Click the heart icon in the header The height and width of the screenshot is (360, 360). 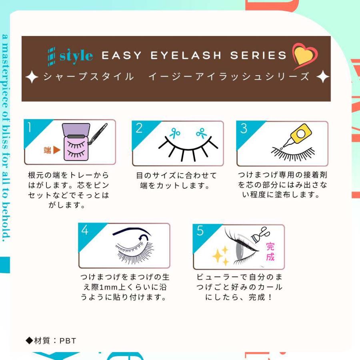[x=305, y=56]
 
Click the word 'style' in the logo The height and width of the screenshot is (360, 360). [x=76, y=56]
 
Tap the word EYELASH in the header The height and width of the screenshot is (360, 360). [x=186, y=56]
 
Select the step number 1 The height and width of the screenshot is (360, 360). [x=30, y=127]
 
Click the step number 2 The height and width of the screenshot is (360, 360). [x=139, y=128]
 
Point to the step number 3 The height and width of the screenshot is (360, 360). [x=244, y=128]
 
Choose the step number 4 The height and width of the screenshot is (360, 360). [x=85, y=230]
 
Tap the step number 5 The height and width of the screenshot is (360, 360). [x=200, y=231]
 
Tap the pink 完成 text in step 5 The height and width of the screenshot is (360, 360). [x=270, y=251]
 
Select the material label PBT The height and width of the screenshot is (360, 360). [x=68, y=341]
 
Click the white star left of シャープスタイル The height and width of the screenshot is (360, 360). [x=32, y=77]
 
